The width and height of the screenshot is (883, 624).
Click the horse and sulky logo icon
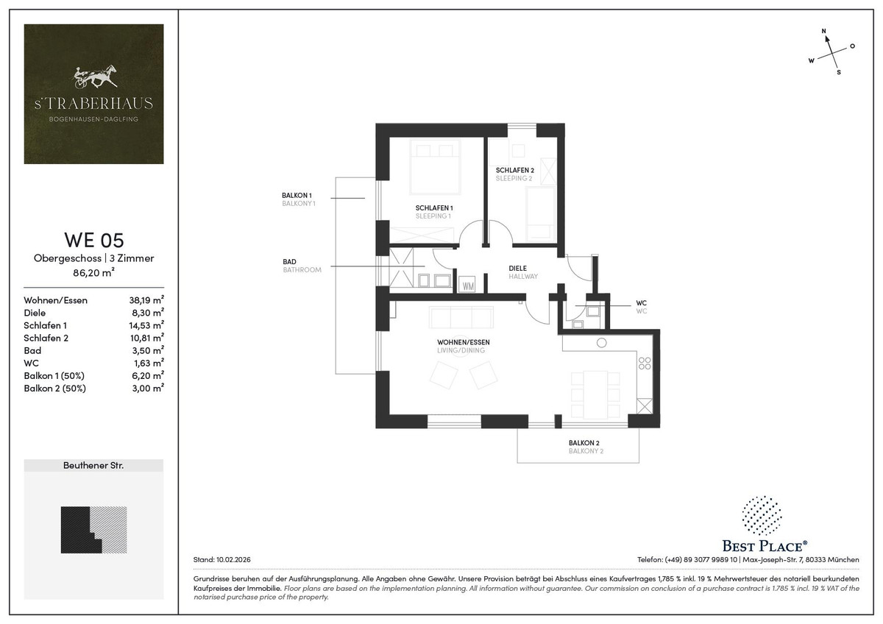click(x=95, y=77)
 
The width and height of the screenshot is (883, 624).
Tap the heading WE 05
click(x=94, y=240)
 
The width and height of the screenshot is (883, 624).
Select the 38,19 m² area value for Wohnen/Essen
click(x=146, y=300)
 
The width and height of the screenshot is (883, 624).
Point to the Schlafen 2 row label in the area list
click(x=46, y=338)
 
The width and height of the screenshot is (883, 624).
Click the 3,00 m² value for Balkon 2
click(x=148, y=388)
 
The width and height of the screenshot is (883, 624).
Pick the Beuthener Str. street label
click(x=93, y=466)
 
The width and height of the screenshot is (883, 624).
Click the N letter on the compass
click(x=823, y=31)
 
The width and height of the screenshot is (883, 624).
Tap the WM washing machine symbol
click(x=468, y=286)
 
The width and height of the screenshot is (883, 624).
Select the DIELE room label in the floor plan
click(x=517, y=269)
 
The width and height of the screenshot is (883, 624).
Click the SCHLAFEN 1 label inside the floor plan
click(x=434, y=208)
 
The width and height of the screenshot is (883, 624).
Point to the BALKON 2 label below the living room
click(x=584, y=443)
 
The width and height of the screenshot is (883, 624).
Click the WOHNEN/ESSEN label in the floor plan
click(x=463, y=342)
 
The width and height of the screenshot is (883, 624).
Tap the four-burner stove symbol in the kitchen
click(x=645, y=364)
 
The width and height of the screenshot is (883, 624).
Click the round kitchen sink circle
click(x=602, y=343)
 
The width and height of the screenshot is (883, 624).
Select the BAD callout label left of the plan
click(x=289, y=262)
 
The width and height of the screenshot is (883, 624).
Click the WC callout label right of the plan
click(x=642, y=303)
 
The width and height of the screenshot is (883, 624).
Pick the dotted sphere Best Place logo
click(x=762, y=516)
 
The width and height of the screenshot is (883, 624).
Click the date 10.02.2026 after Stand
click(x=233, y=559)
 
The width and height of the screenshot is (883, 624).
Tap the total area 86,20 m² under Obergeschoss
click(x=94, y=272)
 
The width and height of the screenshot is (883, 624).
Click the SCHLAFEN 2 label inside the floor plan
click(x=515, y=170)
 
